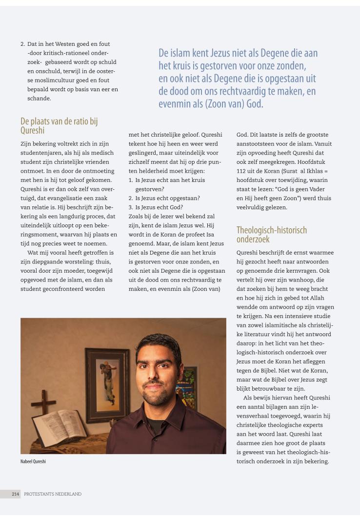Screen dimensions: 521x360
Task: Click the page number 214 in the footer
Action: tap(16, 494)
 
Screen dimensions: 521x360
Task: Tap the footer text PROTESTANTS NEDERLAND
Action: tap(53, 494)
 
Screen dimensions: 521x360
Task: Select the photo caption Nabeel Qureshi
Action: tap(33, 461)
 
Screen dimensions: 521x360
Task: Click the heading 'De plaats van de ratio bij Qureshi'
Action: tap(59, 126)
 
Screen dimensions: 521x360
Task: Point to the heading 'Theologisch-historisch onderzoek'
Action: tap(272, 234)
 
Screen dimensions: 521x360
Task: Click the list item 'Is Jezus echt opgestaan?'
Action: tap(164, 198)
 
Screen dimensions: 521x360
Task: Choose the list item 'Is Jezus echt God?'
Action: tap(156, 207)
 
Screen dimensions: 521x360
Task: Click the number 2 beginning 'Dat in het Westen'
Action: tap(22, 44)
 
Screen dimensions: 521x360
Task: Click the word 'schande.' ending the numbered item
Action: tap(39, 98)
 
